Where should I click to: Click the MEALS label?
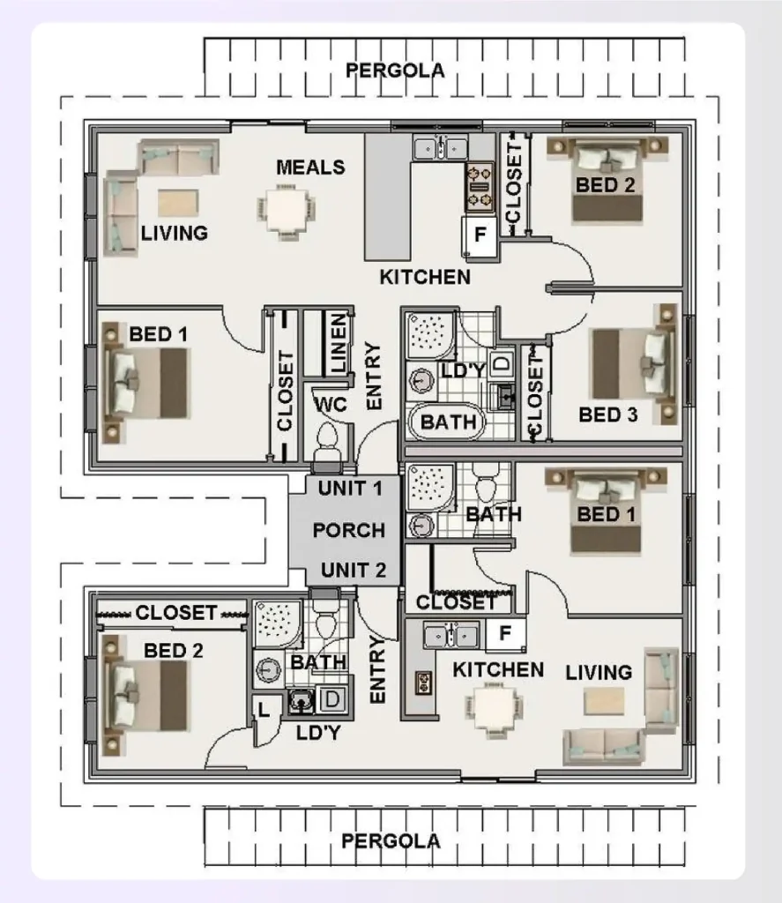tap(310, 168)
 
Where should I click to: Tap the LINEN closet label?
tap(338, 342)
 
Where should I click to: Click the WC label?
tap(331, 405)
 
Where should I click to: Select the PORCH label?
tap(349, 530)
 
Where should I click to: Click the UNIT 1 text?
tap(350, 489)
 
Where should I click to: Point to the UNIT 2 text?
tap(353, 571)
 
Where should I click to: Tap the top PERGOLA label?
tap(395, 71)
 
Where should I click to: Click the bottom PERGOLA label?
tap(391, 841)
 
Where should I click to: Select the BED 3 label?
tap(608, 414)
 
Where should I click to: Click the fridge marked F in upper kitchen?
tap(480, 236)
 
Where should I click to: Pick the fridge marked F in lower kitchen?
tap(505, 633)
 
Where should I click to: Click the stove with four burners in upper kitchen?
tap(480, 187)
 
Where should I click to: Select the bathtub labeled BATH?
tap(447, 422)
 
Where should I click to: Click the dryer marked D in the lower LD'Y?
tap(331, 699)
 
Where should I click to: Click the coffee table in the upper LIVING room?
tap(178, 203)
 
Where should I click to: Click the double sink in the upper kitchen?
tap(440, 148)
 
